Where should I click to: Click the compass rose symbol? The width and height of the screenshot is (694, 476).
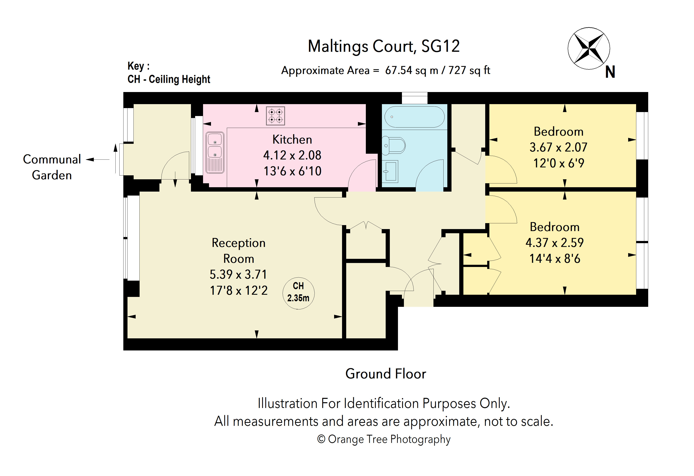pyautogui.click(x=589, y=48)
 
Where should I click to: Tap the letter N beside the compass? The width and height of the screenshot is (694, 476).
pyautogui.click(x=610, y=72)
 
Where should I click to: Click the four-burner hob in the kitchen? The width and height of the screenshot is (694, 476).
pyautogui.click(x=275, y=116)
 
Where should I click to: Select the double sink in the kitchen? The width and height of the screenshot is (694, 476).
pyautogui.click(x=215, y=153)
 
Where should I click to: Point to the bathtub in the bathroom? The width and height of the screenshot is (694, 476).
pyautogui.click(x=414, y=117)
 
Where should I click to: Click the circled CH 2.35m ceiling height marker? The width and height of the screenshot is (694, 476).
pyautogui.click(x=298, y=293)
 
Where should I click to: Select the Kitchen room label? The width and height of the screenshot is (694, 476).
pyautogui.click(x=292, y=139)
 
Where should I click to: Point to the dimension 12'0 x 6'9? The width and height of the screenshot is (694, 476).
pyautogui.click(x=559, y=163)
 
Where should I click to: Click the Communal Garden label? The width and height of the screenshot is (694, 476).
pyautogui.click(x=52, y=167)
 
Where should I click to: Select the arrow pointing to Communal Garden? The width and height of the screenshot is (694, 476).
pyautogui.click(x=98, y=160)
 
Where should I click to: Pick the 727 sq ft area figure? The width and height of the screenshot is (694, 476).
pyautogui.click(x=469, y=70)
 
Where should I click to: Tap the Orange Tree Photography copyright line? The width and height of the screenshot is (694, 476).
pyautogui.click(x=384, y=439)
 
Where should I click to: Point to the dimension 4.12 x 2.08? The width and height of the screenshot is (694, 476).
pyautogui.click(x=292, y=155)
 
